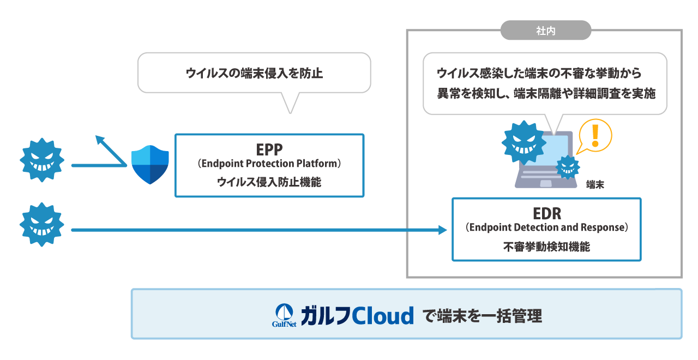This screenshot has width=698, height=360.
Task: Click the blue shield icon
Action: pos(151,165)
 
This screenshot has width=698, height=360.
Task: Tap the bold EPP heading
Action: pos(269,149)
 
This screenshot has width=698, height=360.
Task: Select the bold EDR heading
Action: pos(546,213)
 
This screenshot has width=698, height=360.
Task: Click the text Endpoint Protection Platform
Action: pos(269,164)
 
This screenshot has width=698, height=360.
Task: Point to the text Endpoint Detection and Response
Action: pos(546,227)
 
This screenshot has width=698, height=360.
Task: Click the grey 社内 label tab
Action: pos(545,31)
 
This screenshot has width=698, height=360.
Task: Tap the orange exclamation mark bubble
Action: pos(594,135)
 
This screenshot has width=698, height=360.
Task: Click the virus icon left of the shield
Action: pos(42,160)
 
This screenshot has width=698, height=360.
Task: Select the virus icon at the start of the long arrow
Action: pos(42,225)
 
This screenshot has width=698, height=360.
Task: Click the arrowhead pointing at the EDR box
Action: pos(443,230)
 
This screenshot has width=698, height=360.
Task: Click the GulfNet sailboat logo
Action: pos(284,315)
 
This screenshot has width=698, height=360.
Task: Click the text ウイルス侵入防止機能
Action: pos(269,182)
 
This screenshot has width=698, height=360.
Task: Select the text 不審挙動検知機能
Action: pos(546,247)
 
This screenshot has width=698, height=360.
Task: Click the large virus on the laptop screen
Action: pos(523,142)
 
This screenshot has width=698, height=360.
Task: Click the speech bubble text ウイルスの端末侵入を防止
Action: pos(254,73)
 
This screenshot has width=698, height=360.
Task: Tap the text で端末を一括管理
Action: pos(483,316)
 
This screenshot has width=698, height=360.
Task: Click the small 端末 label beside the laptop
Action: pos(595,185)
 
